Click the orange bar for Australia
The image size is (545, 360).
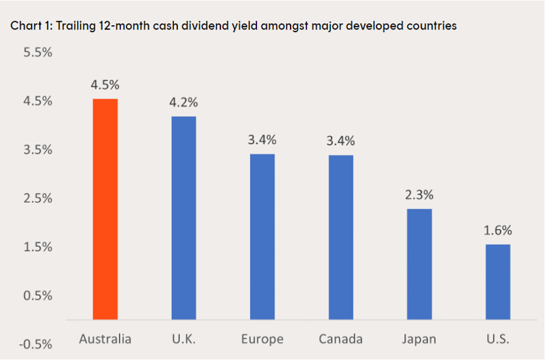point(105,209)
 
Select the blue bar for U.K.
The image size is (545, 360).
point(184,218)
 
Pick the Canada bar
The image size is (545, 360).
point(341,237)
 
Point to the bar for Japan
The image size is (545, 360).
point(419,264)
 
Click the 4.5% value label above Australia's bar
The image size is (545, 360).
point(105,85)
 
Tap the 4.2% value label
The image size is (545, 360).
point(184,102)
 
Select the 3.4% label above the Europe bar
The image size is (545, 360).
point(262,139)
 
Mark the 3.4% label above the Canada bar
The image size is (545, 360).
point(341,141)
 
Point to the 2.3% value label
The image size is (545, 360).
point(419,195)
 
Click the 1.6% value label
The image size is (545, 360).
point(497,230)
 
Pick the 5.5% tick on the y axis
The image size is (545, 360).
point(38,53)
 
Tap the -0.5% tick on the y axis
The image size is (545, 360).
point(36,344)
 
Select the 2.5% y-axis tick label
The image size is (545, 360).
point(38,198)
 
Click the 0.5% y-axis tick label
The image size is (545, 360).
point(38,296)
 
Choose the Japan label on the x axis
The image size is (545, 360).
point(419,339)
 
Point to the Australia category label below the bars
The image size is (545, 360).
point(105,339)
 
